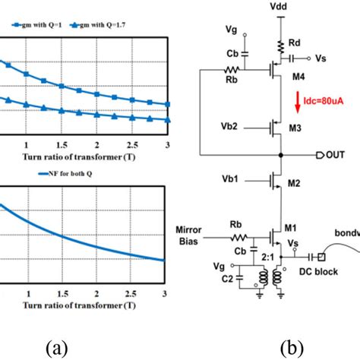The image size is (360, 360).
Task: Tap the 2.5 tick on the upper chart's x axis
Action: pos(131,144)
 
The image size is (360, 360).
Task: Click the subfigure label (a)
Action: pos(62,347)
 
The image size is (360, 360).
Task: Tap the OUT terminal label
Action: pos(333,156)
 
